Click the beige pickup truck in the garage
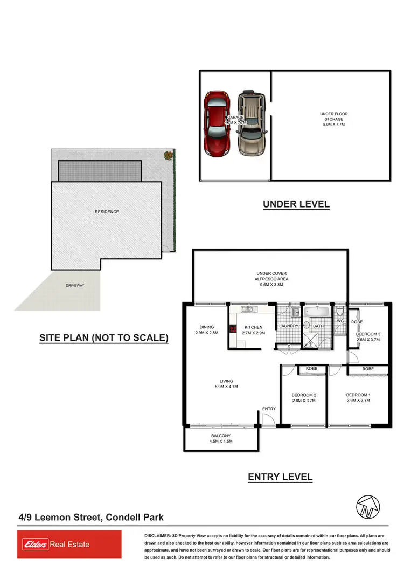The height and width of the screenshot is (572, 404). [x=252, y=122]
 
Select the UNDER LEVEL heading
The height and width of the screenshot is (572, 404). [x=296, y=204]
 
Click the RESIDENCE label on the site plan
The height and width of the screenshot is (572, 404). [x=107, y=212]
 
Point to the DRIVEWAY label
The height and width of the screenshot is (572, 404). [x=75, y=285]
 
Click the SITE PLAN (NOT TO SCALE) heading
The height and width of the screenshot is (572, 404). [x=104, y=338]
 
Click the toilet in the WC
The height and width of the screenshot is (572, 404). [x=339, y=312]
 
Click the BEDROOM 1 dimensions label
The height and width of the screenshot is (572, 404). [x=358, y=401]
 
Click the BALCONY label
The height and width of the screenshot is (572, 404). [x=221, y=436]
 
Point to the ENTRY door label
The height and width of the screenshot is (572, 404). [x=269, y=409]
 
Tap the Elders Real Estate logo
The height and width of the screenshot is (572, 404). [x=69, y=545]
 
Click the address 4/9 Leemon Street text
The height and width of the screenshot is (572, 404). [x=90, y=518]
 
